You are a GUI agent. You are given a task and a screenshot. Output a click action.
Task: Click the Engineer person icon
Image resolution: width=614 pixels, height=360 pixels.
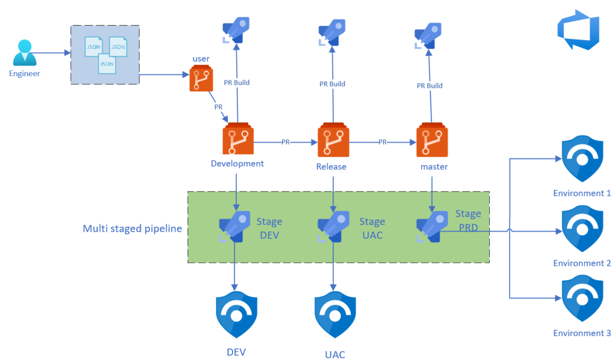point(25,53)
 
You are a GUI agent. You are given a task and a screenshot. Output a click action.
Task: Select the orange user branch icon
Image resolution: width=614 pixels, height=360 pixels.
point(201,79)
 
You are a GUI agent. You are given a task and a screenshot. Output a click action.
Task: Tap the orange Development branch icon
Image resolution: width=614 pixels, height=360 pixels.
point(237,140)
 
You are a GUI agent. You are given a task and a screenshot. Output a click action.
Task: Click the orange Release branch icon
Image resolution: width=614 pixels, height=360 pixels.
point(332,140)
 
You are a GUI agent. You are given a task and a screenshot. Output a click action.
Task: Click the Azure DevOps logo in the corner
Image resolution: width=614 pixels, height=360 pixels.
point(578,29)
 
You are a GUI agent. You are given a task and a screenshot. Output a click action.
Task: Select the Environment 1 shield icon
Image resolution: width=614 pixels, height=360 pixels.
point(582,159)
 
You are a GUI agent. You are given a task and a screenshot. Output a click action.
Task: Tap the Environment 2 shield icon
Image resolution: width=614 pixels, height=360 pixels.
point(582,229)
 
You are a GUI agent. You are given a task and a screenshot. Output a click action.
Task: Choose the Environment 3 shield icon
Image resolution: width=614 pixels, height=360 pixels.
point(582,299)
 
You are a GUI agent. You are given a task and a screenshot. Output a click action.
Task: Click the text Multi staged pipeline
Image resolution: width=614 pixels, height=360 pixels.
point(132,229)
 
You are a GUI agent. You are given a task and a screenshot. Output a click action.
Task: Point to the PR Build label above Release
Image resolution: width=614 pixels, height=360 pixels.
point(332,84)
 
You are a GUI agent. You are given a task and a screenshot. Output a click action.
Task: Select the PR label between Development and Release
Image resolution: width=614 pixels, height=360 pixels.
point(287,142)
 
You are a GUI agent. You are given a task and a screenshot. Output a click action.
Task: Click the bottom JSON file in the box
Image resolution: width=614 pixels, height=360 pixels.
point(107,63)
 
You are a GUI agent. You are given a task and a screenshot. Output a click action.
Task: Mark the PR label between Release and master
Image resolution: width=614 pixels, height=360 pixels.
point(383,142)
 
